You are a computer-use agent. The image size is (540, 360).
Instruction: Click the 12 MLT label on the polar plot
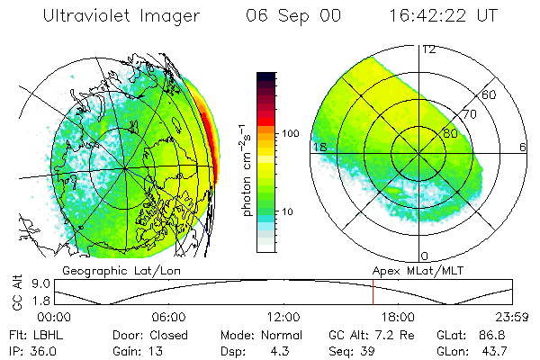tap(428, 49)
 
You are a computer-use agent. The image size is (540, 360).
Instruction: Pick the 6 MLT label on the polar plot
tap(523, 147)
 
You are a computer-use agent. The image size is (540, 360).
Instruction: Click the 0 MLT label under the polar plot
tap(425, 256)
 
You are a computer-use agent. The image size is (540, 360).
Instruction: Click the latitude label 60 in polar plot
tap(490, 94)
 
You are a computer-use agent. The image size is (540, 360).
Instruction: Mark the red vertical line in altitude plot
tap(373, 292)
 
